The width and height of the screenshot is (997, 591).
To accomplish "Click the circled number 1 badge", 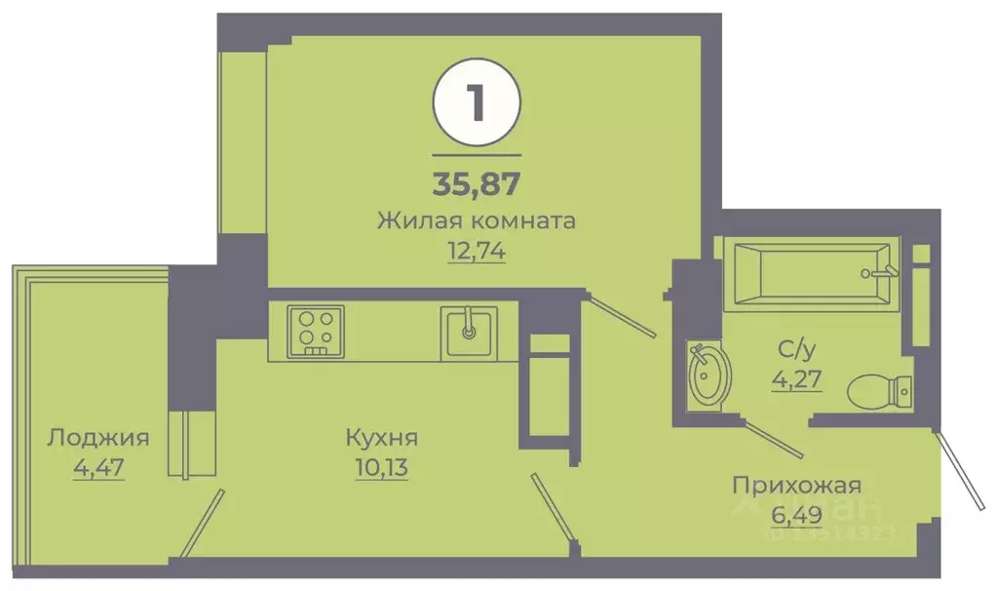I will (477, 104).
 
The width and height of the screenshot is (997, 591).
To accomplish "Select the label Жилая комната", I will (477, 220).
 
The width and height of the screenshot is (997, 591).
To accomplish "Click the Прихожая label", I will (797, 485).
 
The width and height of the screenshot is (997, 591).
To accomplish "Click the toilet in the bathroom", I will (879, 393).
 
